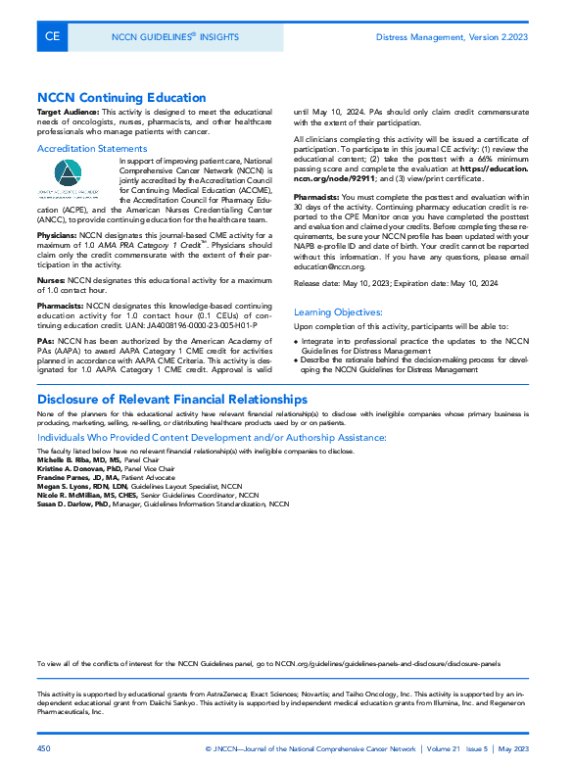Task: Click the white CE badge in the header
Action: (x=52, y=37)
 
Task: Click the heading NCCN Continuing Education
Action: (x=121, y=98)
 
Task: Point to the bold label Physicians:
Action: (x=57, y=236)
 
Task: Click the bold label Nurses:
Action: (x=51, y=279)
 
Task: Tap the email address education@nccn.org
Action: (x=328, y=266)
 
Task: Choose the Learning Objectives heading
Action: (x=338, y=312)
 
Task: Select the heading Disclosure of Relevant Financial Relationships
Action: (x=172, y=399)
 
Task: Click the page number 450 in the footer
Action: (x=43, y=748)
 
